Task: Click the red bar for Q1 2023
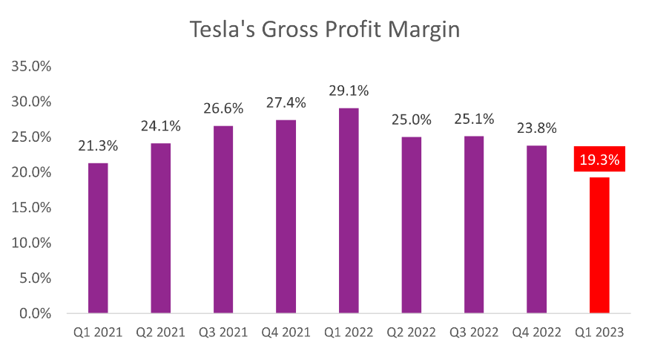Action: click(x=599, y=245)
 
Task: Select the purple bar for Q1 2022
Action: click(x=349, y=211)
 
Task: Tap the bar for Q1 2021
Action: click(x=98, y=238)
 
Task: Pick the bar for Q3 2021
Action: click(x=223, y=220)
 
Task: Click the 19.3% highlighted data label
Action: click(x=599, y=160)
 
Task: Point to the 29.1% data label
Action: click(x=349, y=91)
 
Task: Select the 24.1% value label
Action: click(x=161, y=126)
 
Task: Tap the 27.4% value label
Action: click(x=286, y=103)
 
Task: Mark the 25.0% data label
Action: click(x=412, y=120)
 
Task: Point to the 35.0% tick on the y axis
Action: click(x=31, y=67)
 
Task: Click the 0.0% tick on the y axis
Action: click(x=35, y=313)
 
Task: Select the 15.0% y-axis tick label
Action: click(x=31, y=208)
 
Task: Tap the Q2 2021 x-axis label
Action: click(x=161, y=333)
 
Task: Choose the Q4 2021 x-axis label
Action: click(x=286, y=333)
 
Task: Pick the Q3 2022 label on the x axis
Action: click(x=475, y=333)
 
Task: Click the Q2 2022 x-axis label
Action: click(x=412, y=333)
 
